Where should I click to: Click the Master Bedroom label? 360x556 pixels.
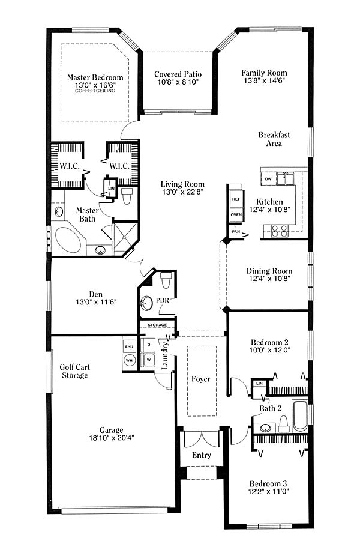95,77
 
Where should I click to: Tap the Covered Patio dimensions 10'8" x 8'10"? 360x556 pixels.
178,82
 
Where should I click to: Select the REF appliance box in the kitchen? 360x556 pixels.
236,199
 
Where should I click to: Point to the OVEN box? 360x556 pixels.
236,214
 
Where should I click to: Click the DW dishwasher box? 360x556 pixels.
268,179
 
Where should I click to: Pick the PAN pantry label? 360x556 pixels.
236,232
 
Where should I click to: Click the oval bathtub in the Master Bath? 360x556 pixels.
68,240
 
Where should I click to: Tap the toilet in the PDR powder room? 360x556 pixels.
166,280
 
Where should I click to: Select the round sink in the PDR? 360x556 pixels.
146,303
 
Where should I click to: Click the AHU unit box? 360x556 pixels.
128,347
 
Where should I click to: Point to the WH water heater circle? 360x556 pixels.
129,360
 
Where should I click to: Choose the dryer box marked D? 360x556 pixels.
149,345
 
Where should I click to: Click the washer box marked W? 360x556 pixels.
149,360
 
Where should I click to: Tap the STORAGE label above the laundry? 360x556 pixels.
157,325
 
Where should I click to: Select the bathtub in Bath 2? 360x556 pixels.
301,416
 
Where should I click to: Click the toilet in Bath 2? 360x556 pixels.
283,424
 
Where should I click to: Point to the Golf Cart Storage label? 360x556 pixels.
75,371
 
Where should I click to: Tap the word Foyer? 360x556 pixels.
201,379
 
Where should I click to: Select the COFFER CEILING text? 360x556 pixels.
95,91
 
